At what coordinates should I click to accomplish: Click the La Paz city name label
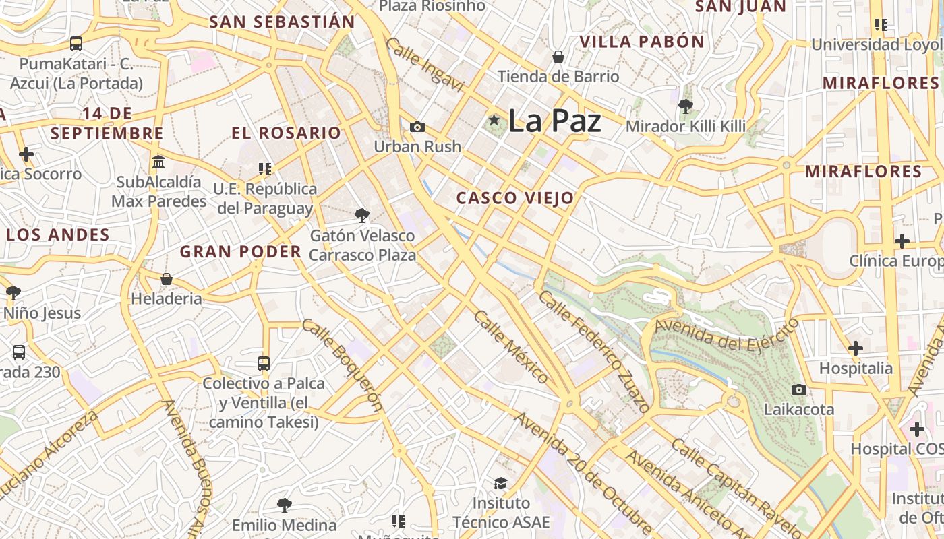(554, 121)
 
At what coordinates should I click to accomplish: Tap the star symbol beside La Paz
(494, 120)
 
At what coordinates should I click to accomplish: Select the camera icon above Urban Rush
(417, 127)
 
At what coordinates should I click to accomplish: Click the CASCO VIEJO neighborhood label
(515, 198)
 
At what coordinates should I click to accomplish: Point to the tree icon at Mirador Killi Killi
(686, 106)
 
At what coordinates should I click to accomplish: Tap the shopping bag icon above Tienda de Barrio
(558, 57)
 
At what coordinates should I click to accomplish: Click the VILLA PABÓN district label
(642, 42)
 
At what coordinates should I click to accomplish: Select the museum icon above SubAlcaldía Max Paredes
(159, 162)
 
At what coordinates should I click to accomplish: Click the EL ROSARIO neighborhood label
(287, 133)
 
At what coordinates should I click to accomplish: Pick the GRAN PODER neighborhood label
(241, 252)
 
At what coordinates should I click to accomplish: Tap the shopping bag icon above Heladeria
(167, 278)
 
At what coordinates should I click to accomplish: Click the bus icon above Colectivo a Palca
(264, 364)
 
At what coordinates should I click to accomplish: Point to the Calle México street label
(510, 346)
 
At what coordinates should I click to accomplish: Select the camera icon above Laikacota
(799, 389)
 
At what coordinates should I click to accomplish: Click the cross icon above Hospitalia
(856, 348)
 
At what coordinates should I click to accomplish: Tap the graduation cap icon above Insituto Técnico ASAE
(500, 483)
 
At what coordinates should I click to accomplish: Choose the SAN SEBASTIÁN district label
(282, 22)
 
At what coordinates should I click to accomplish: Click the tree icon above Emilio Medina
(285, 505)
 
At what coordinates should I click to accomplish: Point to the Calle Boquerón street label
(342, 364)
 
